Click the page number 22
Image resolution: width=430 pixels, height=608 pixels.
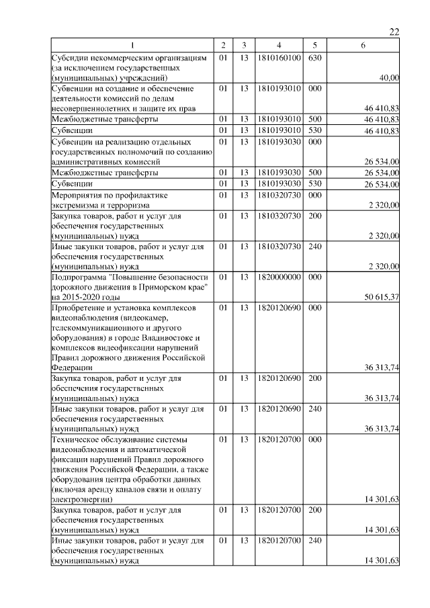(394, 32)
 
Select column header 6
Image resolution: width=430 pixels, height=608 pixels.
(363, 45)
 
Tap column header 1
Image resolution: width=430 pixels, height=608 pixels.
(132, 45)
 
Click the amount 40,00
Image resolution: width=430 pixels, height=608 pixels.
(389, 79)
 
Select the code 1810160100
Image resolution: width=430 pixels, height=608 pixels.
(278, 58)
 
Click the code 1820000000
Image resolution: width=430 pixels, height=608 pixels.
(278, 277)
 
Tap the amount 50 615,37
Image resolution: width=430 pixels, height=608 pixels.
(382, 297)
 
